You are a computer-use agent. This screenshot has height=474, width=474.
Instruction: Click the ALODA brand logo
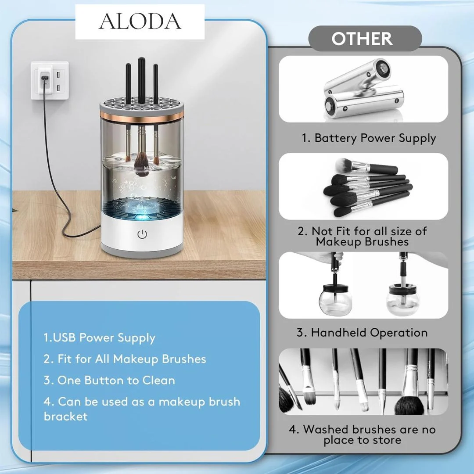(140, 22)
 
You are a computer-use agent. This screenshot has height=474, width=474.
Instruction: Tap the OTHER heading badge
(365, 38)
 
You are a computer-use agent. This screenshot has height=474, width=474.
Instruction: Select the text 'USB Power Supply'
(104, 338)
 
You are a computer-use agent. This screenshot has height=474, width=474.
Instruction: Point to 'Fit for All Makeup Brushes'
(132, 359)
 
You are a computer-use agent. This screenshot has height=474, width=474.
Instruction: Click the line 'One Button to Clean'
(116, 380)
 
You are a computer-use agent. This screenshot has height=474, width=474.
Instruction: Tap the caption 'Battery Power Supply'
(375, 138)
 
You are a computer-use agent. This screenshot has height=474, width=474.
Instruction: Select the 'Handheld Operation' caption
(369, 333)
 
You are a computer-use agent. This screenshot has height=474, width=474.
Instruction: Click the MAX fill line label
(149, 168)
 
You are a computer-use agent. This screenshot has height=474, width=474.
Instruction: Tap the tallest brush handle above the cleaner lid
(141, 80)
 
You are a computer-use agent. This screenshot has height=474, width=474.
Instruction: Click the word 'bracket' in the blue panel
(65, 416)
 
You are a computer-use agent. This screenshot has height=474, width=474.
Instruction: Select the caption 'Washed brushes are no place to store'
(362, 434)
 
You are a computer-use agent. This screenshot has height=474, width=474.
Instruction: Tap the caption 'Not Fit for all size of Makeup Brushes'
(362, 237)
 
